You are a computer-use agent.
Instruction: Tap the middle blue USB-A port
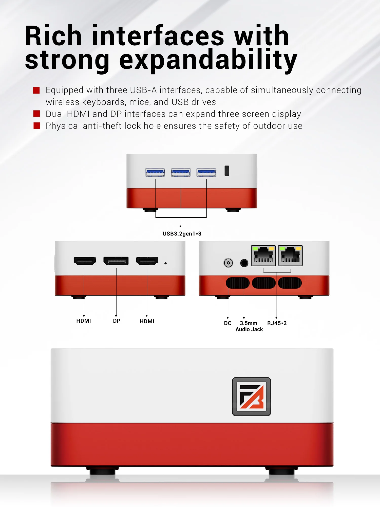(x=181, y=173)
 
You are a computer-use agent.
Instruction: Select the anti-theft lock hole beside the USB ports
(x=227, y=171)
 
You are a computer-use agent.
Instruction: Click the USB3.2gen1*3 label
(x=182, y=234)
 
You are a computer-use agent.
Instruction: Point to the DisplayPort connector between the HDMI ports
(x=116, y=261)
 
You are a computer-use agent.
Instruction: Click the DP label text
(x=117, y=321)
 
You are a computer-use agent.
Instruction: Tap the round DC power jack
(x=228, y=263)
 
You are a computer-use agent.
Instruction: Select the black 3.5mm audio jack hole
(x=244, y=263)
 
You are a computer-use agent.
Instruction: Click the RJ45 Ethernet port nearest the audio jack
(x=263, y=256)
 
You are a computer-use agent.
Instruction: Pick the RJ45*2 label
(x=277, y=323)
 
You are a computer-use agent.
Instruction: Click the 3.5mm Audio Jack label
(x=249, y=326)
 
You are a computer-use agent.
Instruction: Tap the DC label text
(x=227, y=323)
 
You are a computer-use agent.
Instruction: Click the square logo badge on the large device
(x=252, y=396)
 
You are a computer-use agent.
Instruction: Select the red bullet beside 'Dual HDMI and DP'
(x=37, y=114)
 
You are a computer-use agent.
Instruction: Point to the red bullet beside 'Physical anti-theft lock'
(x=37, y=126)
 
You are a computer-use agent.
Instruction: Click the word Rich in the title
(x=53, y=36)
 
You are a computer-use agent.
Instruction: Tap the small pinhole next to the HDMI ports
(x=166, y=263)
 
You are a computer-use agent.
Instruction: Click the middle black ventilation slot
(x=264, y=283)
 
